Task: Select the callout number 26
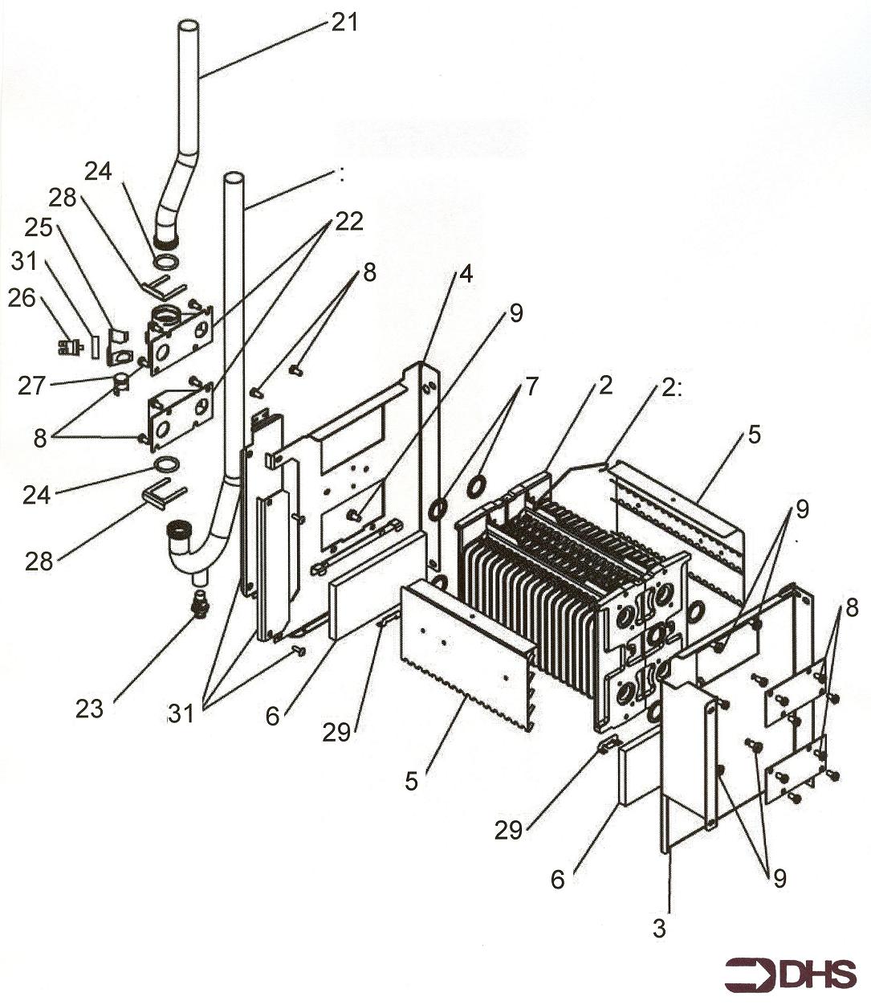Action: point(22,298)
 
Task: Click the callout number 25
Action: point(37,229)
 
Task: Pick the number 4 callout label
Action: point(465,274)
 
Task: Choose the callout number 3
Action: point(659,929)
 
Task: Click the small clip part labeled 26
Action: point(71,346)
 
